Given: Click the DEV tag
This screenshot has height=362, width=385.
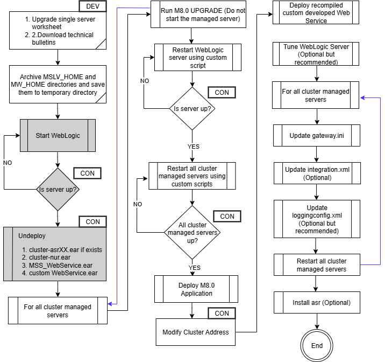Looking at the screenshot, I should tap(93, 6).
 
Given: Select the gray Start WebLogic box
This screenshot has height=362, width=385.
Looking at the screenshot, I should tap(58, 135).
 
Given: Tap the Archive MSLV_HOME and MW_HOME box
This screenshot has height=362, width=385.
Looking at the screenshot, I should tap(58, 85).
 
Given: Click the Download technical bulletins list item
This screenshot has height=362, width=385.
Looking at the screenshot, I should tap(59, 39).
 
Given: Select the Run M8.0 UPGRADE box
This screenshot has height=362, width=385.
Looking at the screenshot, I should tap(203, 15).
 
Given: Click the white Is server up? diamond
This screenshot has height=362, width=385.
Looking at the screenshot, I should tap(192, 108).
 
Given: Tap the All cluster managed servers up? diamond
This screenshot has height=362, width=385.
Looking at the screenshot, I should tap(192, 233).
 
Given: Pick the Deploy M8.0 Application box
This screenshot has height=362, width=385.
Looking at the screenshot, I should tap(196, 289).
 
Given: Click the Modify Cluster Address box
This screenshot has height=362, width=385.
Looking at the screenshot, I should tap(196, 332).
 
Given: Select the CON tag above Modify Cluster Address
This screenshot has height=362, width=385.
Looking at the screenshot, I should tap(222, 313).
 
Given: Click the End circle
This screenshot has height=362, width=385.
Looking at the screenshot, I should tap(317, 345).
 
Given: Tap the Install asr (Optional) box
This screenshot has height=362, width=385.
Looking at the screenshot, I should tap(321, 302).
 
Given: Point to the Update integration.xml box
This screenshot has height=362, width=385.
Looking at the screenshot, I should tap(317, 173).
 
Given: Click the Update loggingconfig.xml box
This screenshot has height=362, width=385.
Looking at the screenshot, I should tap(317, 219).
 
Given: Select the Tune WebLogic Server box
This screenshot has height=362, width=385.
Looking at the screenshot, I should tap(316, 54).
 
